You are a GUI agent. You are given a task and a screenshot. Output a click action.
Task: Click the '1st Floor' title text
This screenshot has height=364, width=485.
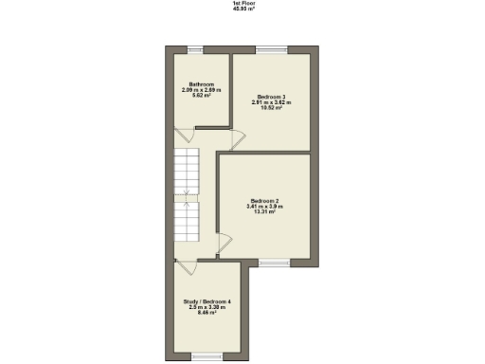[x=242, y=3]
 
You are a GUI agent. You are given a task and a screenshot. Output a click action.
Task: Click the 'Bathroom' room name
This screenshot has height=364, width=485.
[x=201, y=83]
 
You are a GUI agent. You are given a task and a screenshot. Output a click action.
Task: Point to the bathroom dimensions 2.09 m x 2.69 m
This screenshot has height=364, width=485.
[x=201, y=89]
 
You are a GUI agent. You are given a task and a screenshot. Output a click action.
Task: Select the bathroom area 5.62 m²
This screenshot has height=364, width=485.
[x=201, y=95]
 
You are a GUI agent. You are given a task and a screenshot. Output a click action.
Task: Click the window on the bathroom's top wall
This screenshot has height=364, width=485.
[x=194, y=49]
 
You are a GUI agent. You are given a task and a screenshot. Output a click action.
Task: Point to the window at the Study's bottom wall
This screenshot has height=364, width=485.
[x=205, y=356]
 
